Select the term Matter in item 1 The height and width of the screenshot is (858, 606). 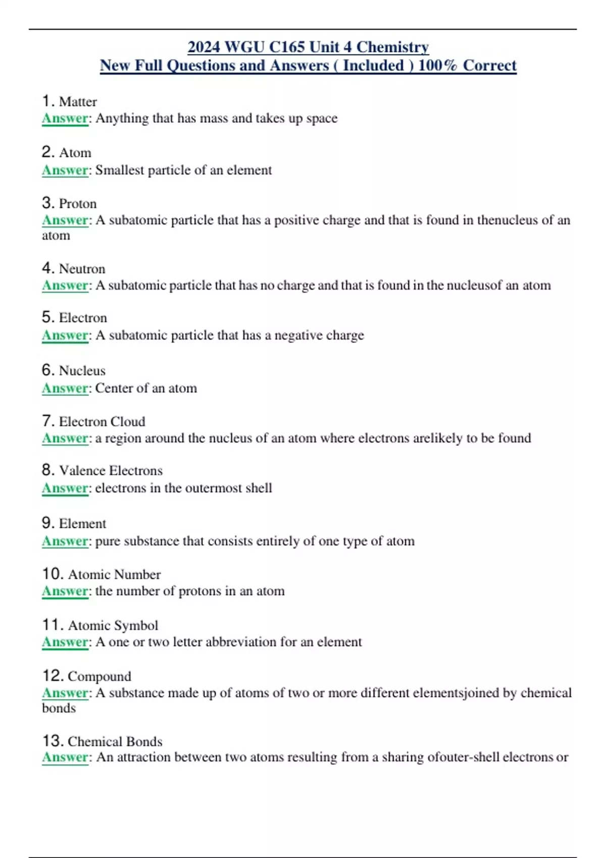[78, 102]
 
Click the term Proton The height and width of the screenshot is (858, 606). [78, 203]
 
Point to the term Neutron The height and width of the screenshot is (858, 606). [82, 269]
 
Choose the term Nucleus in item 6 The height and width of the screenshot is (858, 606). [82, 370]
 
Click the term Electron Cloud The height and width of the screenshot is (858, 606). [102, 421]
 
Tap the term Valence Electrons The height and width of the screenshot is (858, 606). [111, 470]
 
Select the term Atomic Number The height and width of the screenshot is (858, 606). [114, 574]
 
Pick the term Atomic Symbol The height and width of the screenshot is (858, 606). [113, 625]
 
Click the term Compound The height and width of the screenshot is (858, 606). [99, 676]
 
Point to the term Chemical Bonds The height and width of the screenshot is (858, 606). [115, 741]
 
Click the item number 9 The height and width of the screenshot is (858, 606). [48, 523]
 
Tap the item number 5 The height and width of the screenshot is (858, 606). [48, 317]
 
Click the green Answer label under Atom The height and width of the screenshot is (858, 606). [65, 170]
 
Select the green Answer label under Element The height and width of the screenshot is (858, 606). [65, 541]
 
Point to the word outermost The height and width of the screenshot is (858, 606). [213, 488]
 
